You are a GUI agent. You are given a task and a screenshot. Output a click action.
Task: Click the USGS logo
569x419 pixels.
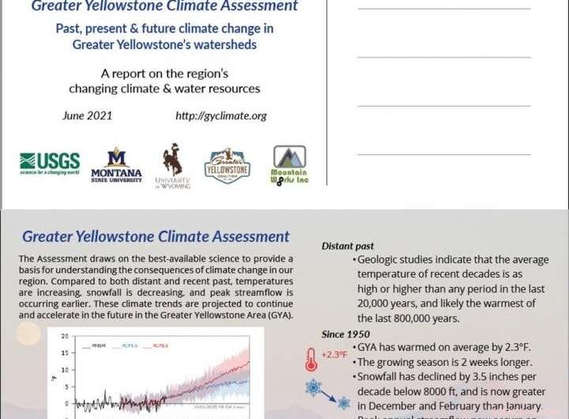coord(50,163)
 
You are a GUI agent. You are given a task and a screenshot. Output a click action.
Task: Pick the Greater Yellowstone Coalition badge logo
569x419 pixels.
coord(227,164)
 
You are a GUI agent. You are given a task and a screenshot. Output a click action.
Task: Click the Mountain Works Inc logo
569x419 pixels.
coord(288,164)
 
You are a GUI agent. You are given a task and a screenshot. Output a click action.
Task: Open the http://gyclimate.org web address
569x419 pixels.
coord(220,115)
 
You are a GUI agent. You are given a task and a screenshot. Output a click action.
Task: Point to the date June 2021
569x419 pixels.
coord(87,115)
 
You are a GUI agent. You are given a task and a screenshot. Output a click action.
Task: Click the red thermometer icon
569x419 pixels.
coord(311,357)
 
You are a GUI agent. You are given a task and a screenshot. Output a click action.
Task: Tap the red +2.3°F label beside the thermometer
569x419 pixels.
coord(334,354)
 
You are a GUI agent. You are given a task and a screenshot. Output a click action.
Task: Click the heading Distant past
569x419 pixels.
coord(348,246)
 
